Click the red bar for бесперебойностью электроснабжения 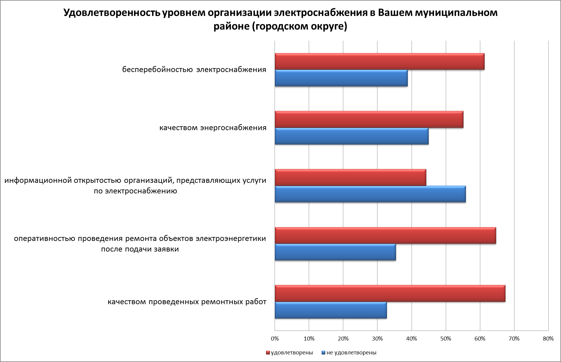(380, 61)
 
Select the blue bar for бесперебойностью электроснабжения (341, 78)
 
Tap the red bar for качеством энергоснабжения (369, 120)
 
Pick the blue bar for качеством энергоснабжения (351, 136)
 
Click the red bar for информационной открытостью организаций (350, 178)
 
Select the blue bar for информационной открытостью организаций (370, 194)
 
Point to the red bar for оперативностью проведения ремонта (385, 235)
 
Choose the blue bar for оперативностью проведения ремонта (335, 252)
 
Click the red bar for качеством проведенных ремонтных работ (390, 294)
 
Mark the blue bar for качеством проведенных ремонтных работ (331, 310)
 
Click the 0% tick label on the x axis (275, 339)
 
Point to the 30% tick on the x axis (377, 339)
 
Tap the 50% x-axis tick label (446, 339)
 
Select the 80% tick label (548, 339)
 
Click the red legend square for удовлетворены (268, 353)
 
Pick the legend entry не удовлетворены (351, 353)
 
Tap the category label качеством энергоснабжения (213, 128)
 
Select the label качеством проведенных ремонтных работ (187, 302)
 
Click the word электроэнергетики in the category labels (231, 239)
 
